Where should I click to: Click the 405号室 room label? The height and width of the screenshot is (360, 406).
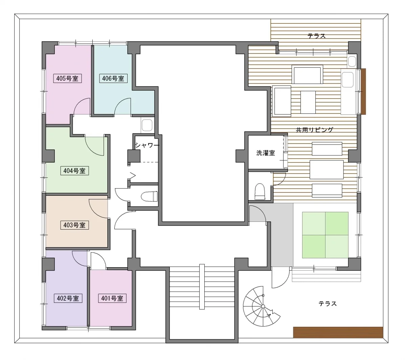(67, 78)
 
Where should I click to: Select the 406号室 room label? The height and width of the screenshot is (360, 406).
(113, 78)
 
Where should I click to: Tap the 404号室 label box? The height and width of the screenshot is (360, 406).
(74, 171)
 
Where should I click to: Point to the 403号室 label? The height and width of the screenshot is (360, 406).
(74, 225)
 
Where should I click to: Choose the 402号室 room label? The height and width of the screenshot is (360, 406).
(68, 298)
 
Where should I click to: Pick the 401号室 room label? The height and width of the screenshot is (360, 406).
(112, 298)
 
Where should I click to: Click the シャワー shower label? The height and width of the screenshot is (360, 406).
(147, 145)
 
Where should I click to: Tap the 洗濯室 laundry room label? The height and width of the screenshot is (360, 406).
(266, 153)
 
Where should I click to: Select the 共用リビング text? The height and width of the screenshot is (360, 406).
(314, 130)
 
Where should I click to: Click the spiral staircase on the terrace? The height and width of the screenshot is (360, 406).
(262, 306)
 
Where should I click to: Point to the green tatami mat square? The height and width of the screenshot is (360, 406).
(325, 235)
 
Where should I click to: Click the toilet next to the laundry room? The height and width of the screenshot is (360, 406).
(260, 192)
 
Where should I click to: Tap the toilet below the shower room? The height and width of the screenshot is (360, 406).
(149, 196)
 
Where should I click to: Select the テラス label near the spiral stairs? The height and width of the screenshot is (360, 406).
(328, 304)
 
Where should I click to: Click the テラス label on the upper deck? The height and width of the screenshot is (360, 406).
(317, 36)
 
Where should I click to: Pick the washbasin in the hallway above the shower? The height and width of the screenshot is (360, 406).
(147, 125)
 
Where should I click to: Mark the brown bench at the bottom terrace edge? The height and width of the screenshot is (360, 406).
(338, 332)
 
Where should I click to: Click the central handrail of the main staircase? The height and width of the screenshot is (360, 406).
(202, 287)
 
